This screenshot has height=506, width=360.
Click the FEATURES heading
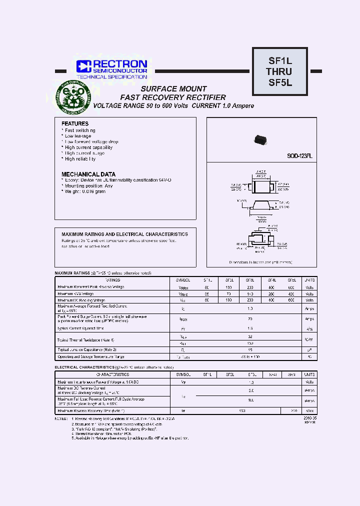(75, 123)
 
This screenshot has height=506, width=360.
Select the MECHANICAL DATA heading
(88, 174)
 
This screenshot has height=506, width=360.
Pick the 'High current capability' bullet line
(88, 147)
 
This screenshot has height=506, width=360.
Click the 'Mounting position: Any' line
(88, 185)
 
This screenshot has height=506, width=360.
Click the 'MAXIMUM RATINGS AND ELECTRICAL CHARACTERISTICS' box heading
(124, 234)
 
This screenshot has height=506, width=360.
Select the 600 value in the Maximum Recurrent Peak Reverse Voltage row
(291, 287)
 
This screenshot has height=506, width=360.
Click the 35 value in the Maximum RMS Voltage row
(207, 294)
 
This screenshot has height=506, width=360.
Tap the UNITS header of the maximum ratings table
(310, 280)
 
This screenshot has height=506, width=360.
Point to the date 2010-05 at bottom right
(310, 417)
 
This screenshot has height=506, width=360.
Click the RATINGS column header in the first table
(112, 280)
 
